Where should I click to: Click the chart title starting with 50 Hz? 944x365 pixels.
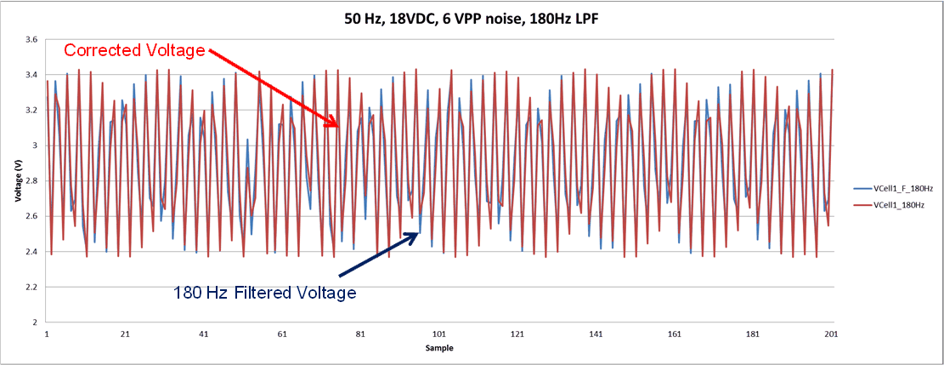(x=472, y=19)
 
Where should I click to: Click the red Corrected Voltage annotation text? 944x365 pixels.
(x=135, y=50)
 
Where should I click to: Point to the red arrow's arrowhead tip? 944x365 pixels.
(x=339, y=128)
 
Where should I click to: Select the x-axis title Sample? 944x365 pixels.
(x=439, y=349)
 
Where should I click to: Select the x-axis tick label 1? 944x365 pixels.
(x=47, y=334)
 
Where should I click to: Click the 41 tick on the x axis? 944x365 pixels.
(x=203, y=334)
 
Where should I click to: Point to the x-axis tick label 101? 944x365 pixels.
(x=439, y=334)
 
